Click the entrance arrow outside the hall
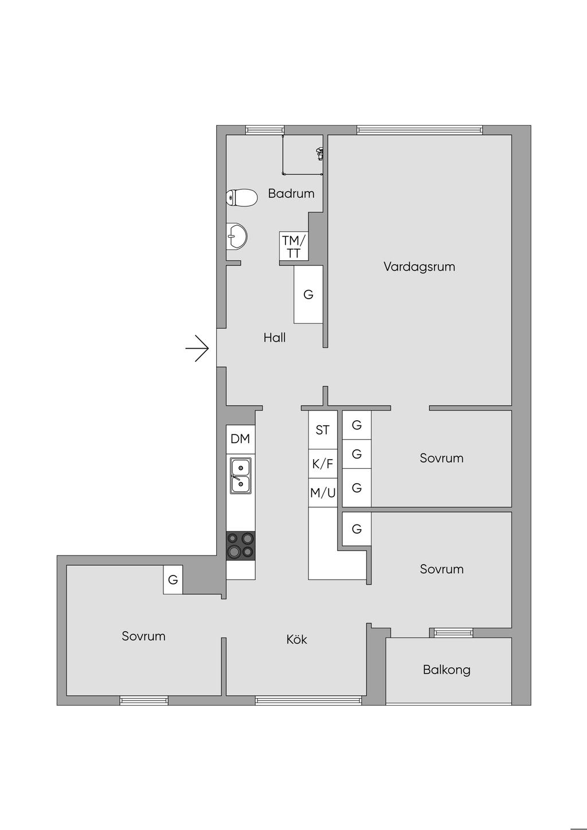click(198, 348)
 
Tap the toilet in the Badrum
click(241, 198)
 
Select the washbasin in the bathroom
click(237, 236)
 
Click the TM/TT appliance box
click(293, 246)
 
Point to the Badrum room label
click(291, 194)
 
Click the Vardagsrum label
click(419, 267)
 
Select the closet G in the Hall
click(308, 295)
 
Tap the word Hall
click(275, 338)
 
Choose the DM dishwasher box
click(240, 439)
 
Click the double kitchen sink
click(240, 476)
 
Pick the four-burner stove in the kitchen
click(241, 545)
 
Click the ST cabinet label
click(323, 430)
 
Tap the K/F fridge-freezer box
click(323, 464)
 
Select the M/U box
click(323, 493)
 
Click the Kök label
click(296, 639)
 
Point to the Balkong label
click(447, 670)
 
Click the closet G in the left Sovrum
click(173, 580)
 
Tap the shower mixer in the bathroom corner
click(319, 153)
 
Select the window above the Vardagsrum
click(419, 130)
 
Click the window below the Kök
click(308, 700)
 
